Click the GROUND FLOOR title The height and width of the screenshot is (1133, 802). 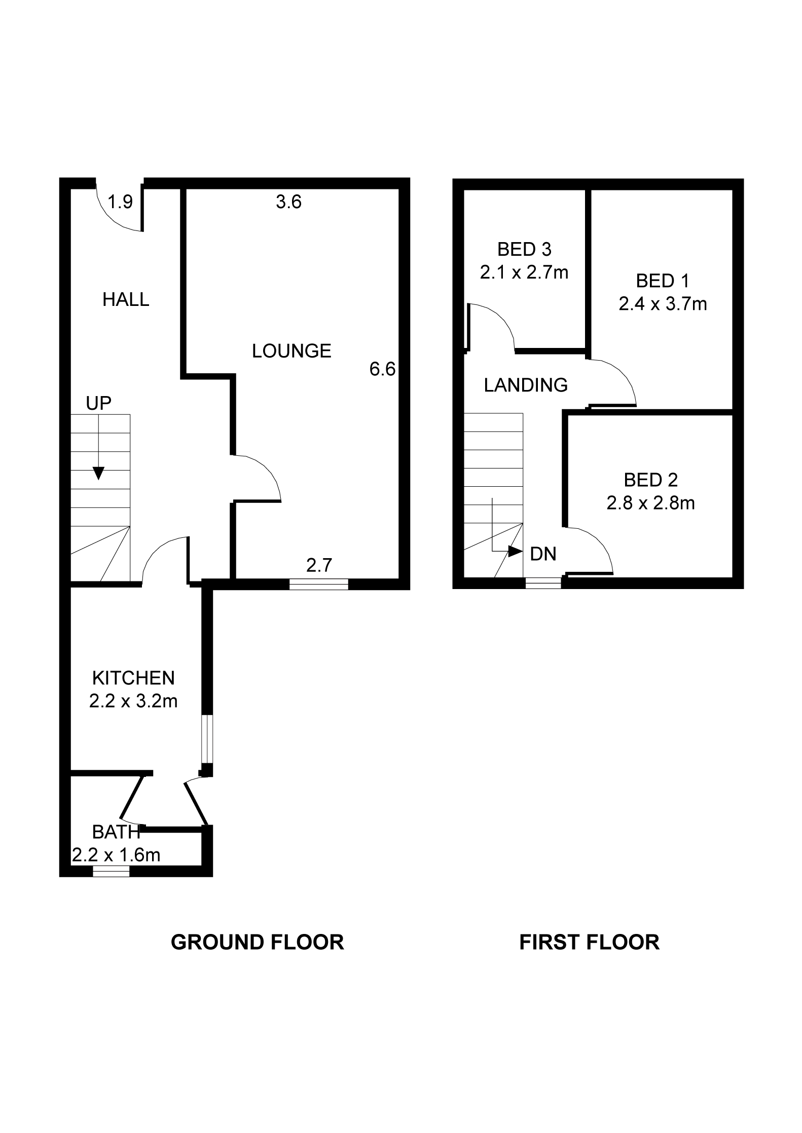click(257, 942)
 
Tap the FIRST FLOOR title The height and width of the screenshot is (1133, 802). click(590, 942)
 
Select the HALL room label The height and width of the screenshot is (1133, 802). click(126, 299)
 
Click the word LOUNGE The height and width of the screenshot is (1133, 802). click(291, 350)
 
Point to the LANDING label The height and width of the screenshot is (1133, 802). click(526, 385)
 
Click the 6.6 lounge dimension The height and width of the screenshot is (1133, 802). click(382, 369)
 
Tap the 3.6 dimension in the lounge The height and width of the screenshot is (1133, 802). click(289, 202)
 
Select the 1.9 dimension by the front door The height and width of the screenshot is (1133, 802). click(121, 202)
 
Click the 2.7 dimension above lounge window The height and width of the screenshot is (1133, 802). click(319, 565)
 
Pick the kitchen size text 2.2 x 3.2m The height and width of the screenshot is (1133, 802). click(133, 701)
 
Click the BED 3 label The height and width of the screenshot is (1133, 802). click(524, 249)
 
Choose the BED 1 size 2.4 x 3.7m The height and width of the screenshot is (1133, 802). click(663, 304)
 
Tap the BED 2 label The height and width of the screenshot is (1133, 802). click(650, 480)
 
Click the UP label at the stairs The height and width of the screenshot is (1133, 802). click(98, 403)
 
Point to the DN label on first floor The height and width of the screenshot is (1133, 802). click(543, 554)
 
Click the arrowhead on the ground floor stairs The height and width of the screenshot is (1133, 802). click(99, 473)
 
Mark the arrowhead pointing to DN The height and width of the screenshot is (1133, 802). click(515, 552)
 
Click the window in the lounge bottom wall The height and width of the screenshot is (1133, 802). click(319, 584)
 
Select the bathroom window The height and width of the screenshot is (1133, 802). click(111, 871)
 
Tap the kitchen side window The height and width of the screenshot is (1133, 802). click(207, 739)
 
